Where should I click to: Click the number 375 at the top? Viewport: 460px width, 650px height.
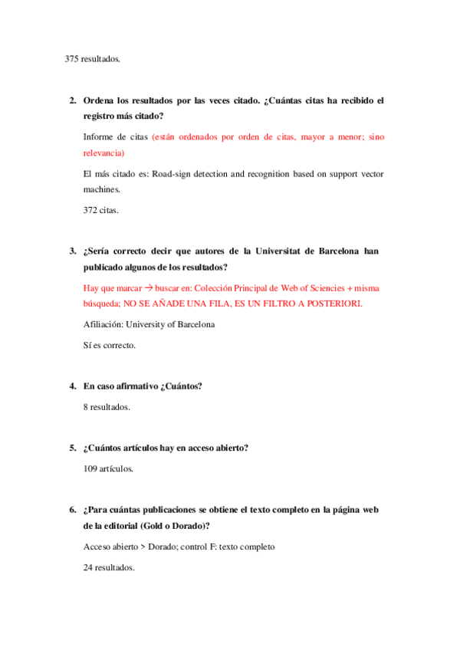71,58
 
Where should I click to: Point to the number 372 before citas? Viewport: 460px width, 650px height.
91,210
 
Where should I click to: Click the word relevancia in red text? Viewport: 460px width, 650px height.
107,153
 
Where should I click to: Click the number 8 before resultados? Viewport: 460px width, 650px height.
86,407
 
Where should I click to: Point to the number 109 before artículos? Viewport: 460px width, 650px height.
91,468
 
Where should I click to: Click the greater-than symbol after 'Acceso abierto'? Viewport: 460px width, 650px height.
146,547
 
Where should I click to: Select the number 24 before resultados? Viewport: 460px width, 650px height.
89,568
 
